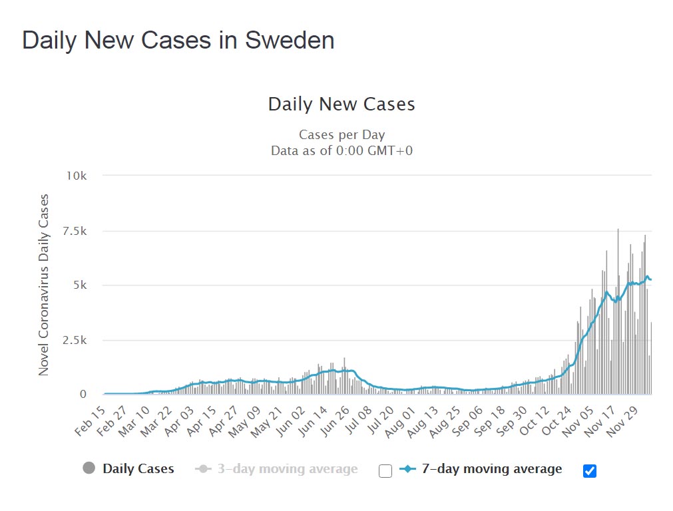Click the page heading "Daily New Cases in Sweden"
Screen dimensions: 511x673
click(x=178, y=40)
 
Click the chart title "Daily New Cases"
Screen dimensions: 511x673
click(x=341, y=104)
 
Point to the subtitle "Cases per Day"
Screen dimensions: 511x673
click(x=341, y=135)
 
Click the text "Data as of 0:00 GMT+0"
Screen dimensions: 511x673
click(x=341, y=150)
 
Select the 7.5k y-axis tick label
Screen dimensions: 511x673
click(x=75, y=231)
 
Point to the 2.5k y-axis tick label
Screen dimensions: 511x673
click(x=75, y=340)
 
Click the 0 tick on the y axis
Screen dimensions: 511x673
click(x=83, y=395)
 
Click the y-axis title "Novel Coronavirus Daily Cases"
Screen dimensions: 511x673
click(x=44, y=285)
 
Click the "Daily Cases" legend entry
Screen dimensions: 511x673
click(x=138, y=469)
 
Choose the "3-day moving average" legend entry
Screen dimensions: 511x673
click(x=287, y=469)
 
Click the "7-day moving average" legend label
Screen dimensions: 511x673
click(x=491, y=469)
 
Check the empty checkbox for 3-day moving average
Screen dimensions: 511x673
click(x=385, y=471)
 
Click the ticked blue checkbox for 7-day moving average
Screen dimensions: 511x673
click(x=589, y=471)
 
